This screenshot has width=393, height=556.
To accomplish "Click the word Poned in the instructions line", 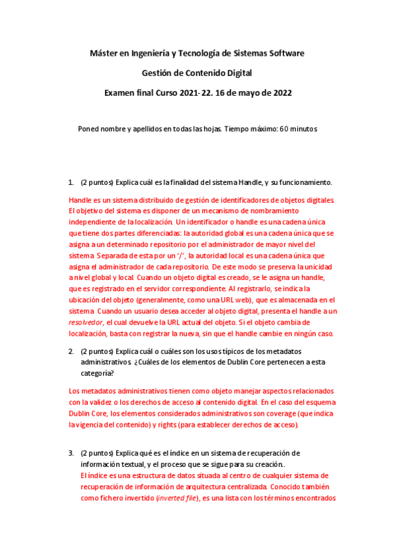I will coord(89,129).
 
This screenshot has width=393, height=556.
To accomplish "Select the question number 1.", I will coord(71,182).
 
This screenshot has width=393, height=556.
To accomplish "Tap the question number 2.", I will coord(71,351).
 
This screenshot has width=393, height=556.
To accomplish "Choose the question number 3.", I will coord(71,452).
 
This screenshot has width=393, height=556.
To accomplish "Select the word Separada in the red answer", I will coord(114,255).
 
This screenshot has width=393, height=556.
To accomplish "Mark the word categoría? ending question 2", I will coord(96,372).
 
